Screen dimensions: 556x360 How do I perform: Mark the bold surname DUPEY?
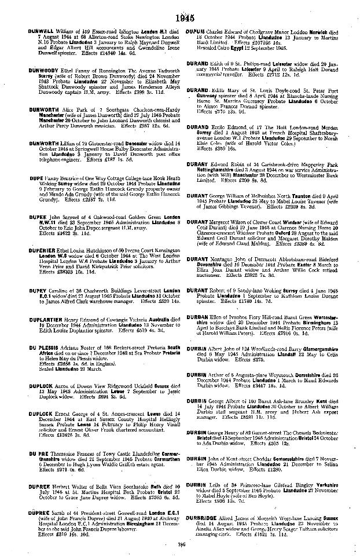(37, 287)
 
